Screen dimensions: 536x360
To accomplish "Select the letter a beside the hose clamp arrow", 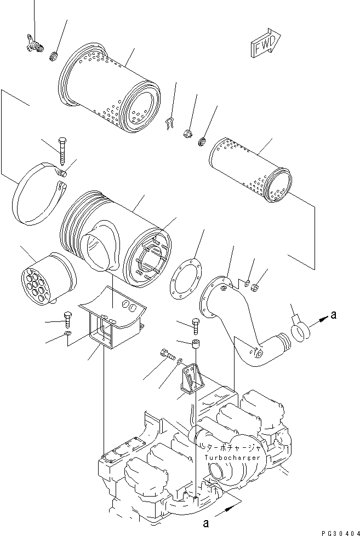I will [334, 314].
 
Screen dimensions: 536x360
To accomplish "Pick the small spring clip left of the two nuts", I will [169, 124].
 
